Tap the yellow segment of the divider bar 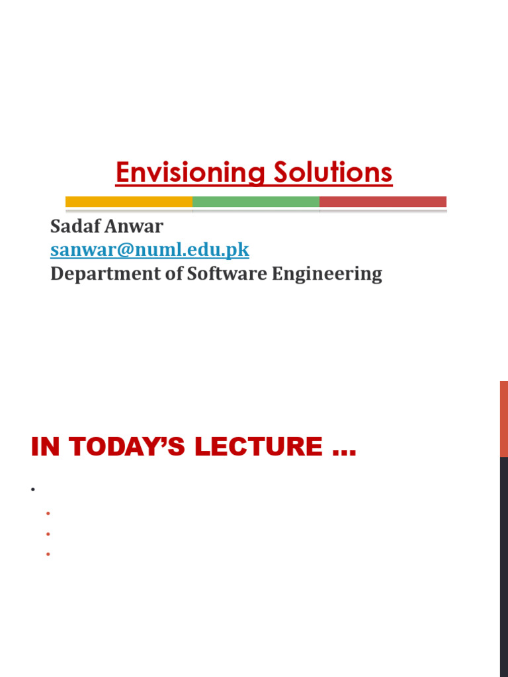(129, 202)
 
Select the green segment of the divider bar (256, 202)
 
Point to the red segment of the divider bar (383, 202)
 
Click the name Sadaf (75, 227)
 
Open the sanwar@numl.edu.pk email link (149, 251)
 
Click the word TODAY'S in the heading (123, 447)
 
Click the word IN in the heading (45, 447)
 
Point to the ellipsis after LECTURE (341, 451)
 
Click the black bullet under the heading (32, 490)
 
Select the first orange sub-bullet (48, 514)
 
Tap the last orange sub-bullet (48, 553)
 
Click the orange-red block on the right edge (503, 418)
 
